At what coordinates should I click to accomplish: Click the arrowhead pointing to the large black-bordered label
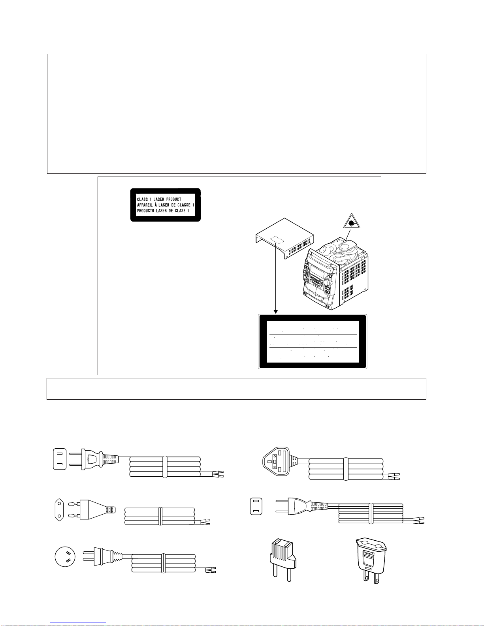[275, 312]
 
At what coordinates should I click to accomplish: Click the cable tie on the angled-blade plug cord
[162, 563]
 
